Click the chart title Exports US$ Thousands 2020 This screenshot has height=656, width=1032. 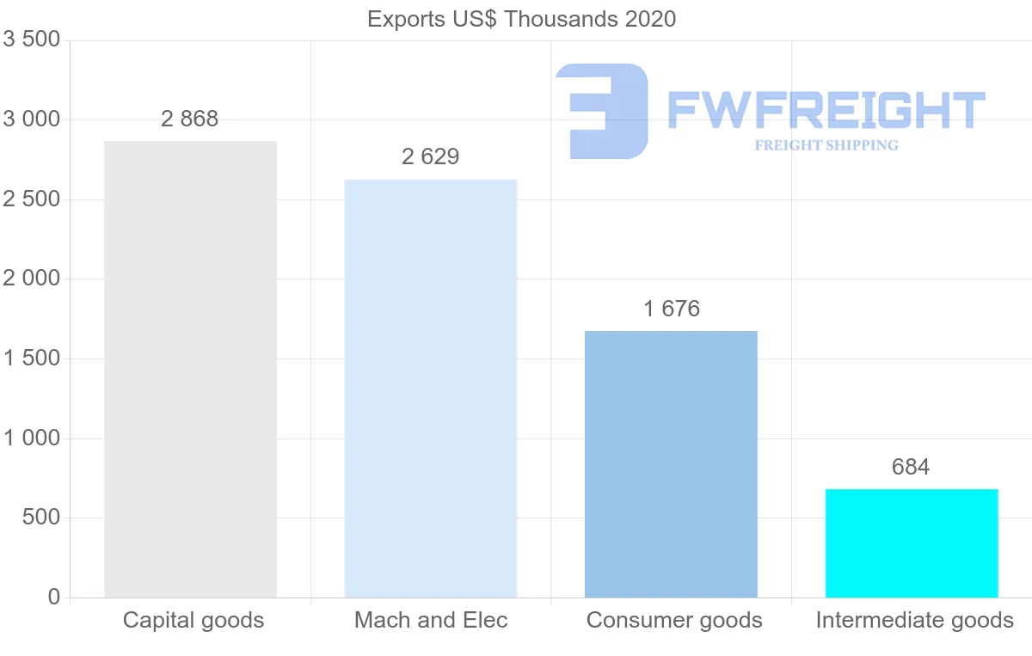pyautogui.click(x=521, y=19)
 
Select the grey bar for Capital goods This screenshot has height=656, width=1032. pyautogui.click(x=190, y=369)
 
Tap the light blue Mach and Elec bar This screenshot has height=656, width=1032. pyautogui.click(x=430, y=388)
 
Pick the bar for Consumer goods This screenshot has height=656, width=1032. pyautogui.click(x=671, y=464)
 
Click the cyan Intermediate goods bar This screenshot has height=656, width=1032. pyautogui.click(x=912, y=543)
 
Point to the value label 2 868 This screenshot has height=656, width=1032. pyautogui.click(x=190, y=119)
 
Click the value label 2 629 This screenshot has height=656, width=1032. pyautogui.click(x=430, y=156)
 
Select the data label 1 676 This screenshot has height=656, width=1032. pyautogui.click(x=671, y=309)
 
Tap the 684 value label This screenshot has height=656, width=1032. pyautogui.click(x=912, y=467)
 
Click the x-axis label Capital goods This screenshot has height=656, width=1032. pyautogui.click(x=193, y=620)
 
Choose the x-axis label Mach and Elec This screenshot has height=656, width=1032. pyautogui.click(x=431, y=620)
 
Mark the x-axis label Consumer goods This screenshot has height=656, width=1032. pyautogui.click(x=674, y=620)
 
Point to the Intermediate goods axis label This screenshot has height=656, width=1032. pyautogui.click(x=914, y=620)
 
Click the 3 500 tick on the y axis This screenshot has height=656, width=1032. pyautogui.click(x=31, y=40)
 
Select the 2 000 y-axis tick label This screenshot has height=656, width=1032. pyautogui.click(x=31, y=279)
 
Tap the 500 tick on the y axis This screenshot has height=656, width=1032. pyautogui.click(x=42, y=518)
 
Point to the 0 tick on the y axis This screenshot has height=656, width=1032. pyautogui.click(x=53, y=598)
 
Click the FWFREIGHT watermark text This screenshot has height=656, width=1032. pyautogui.click(x=826, y=109)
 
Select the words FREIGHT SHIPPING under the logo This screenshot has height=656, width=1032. pyautogui.click(x=826, y=145)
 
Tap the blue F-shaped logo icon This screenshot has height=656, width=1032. pyautogui.click(x=602, y=110)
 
